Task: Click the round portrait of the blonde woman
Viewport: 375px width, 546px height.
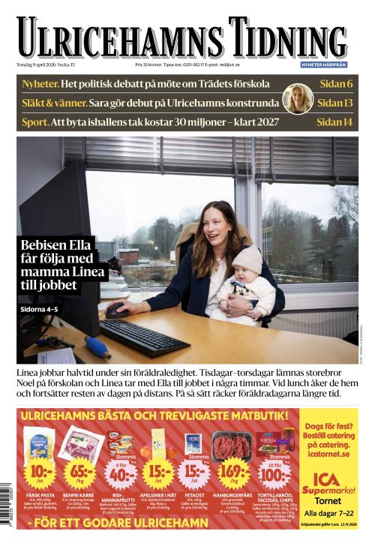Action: (297, 98)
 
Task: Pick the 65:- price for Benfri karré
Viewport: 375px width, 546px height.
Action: (80, 471)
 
